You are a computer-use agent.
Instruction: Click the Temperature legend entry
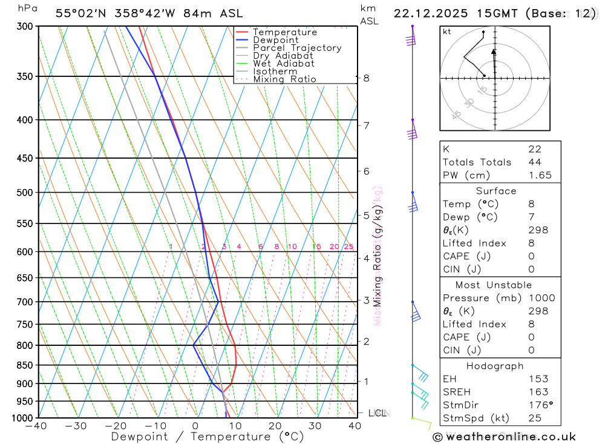(284, 32)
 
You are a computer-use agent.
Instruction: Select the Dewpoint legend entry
(275, 40)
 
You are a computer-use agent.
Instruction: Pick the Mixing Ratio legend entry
(284, 79)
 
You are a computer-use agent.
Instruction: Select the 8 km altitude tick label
(366, 78)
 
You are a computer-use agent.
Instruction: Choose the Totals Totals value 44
(534, 162)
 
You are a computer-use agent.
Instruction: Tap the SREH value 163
(538, 392)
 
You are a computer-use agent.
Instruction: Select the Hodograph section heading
(495, 366)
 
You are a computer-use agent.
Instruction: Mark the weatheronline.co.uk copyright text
(504, 437)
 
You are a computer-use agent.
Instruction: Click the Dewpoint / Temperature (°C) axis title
(208, 437)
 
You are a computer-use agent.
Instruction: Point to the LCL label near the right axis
(378, 413)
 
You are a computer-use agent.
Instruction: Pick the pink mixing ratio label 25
(348, 247)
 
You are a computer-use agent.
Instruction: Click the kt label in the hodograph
(447, 31)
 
